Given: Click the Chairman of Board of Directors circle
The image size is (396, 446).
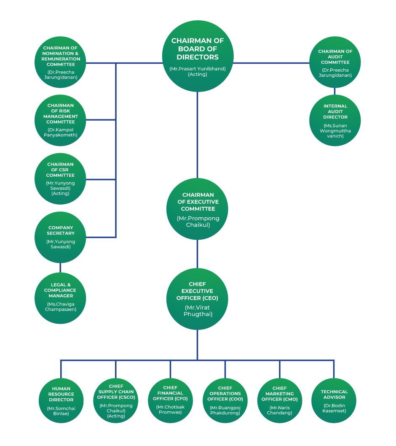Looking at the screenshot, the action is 198,56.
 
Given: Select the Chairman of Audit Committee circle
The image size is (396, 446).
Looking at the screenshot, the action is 335,62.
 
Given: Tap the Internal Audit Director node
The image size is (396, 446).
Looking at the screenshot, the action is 335,120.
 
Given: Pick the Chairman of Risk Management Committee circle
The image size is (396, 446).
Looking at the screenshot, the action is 60,120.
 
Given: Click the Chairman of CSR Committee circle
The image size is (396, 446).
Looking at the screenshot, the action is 60,178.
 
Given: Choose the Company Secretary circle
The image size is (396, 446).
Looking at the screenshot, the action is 60,237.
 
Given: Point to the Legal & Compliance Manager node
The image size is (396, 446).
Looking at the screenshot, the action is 60,298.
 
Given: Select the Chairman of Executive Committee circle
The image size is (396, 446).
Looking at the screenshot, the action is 197,209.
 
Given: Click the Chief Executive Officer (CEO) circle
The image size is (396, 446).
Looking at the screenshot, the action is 197,299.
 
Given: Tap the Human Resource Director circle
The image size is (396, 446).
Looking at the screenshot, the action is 61,400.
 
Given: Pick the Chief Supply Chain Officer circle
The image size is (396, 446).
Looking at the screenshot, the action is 116,400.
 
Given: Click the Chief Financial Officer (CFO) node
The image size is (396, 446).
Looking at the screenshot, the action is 171,400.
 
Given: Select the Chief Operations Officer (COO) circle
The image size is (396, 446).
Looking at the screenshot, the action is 225,400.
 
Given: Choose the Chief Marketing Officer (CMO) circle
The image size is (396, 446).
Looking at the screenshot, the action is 280,400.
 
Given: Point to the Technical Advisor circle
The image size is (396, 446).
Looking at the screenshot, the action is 334,400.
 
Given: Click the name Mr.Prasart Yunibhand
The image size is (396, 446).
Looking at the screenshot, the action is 198,69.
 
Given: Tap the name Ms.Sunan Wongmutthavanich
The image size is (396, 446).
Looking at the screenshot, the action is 335,131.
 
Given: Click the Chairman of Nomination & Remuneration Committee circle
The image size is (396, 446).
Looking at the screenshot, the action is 60,62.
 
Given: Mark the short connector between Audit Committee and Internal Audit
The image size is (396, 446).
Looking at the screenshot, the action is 334,91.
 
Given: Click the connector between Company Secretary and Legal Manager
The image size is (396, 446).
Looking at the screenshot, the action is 60,268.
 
